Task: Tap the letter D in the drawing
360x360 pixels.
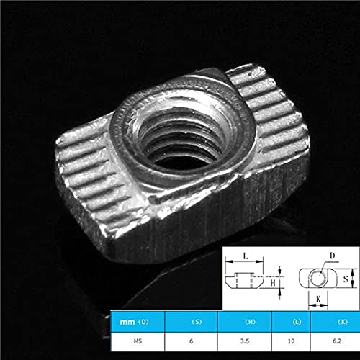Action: click(x=333, y=256)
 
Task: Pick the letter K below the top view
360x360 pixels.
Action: click(x=318, y=298)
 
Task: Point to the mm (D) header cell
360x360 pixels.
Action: click(x=136, y=320)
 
